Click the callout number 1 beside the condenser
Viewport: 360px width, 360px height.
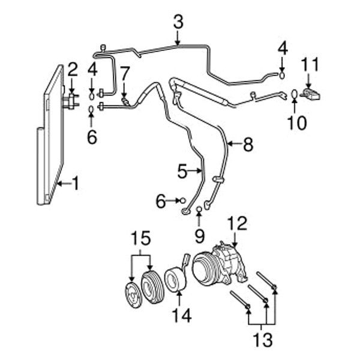[x=75, y=182]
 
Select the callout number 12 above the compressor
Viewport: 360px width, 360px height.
[x=237, y=224]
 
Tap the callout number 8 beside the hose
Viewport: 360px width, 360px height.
[x=248, y=144]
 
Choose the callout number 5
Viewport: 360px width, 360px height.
[x=183, y=172]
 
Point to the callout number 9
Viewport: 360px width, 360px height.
[x=199, y=236]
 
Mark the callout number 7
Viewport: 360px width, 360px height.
[x=124, y=74]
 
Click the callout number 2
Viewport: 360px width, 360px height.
[x=73, y=70]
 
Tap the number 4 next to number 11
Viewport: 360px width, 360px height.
[x=282, y=47]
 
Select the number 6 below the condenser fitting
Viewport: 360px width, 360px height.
[x=91, y=137]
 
